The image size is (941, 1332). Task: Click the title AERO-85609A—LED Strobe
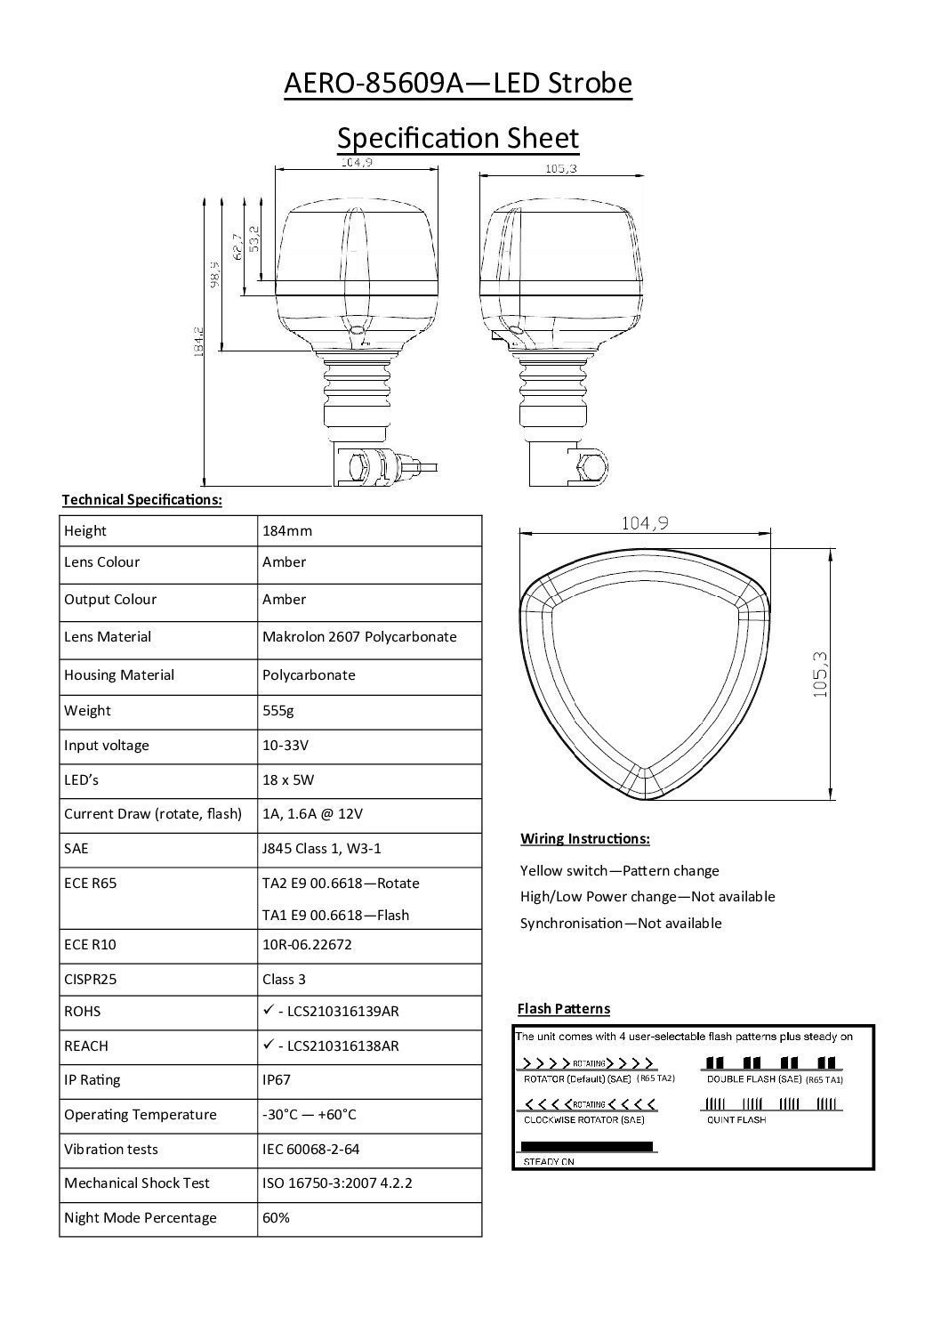[x=457, y=84]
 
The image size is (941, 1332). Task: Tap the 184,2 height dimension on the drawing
[x=199, y=341]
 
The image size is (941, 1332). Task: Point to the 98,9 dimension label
[x=214, y=274]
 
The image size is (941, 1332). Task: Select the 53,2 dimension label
[x=254, y=238]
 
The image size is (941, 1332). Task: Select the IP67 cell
[x=277, y=1079]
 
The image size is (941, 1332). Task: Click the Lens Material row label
[x=108, y=636]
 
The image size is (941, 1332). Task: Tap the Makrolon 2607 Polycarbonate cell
[x=359, y=636]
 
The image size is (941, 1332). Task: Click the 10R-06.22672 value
[x=307, y=944]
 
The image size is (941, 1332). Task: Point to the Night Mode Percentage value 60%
[x=276, y=1217]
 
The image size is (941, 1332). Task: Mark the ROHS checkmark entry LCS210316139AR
[x=331, y=1011]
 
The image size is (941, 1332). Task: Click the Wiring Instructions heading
[x=584, y=838]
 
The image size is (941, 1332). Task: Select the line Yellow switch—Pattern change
[x=619, y=870]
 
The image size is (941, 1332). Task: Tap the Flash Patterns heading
[x=564, y=1008]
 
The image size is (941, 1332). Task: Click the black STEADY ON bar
[x=586, y=1146]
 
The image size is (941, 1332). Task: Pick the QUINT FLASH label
[x=736, y=1119]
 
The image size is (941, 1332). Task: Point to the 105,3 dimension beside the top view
[x=820, y=674]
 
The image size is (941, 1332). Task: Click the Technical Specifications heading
[x=141, y=499]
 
